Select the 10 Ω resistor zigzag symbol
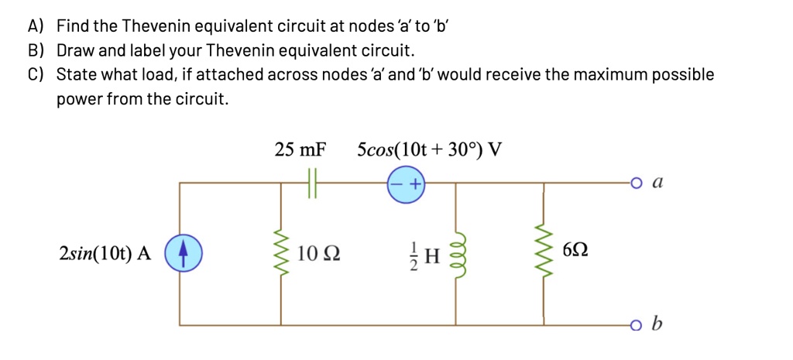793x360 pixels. tap(280, 253)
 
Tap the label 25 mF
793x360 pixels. tap(301, 149)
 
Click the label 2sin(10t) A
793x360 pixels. tap(105, 253)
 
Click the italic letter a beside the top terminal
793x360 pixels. tap(658, 183)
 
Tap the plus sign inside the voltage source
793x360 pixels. tap(416, 184)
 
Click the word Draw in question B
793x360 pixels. tap(74, 51)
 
